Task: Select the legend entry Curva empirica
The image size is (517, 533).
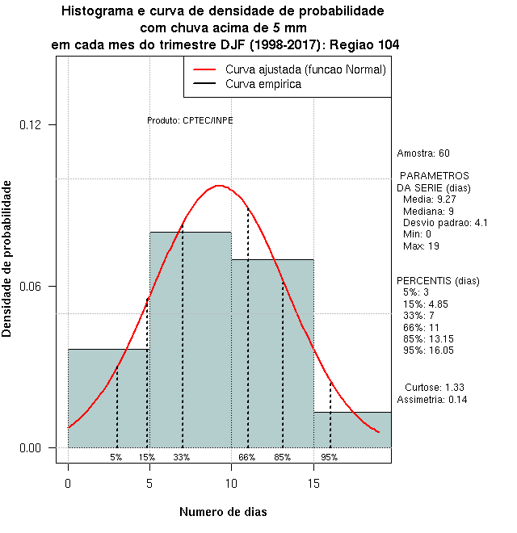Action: coord(263,84)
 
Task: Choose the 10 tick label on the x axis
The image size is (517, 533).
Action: coord(231,484)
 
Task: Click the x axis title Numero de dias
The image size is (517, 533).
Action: coord(223,512)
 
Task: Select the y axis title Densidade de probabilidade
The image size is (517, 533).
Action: coord(7,258)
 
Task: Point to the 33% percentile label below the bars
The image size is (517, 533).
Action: coord(182,457)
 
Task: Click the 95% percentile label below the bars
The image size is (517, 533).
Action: coord(330,457)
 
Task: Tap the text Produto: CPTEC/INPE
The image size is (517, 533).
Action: coord(190,120)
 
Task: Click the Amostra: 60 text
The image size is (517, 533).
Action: coord(423,153)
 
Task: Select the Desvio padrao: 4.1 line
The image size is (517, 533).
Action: coord(445,223)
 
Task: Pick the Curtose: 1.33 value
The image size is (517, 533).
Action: coord(434,387)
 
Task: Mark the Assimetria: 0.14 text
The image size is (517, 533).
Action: coord(432,400)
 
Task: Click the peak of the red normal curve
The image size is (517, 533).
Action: coord(219,186)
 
